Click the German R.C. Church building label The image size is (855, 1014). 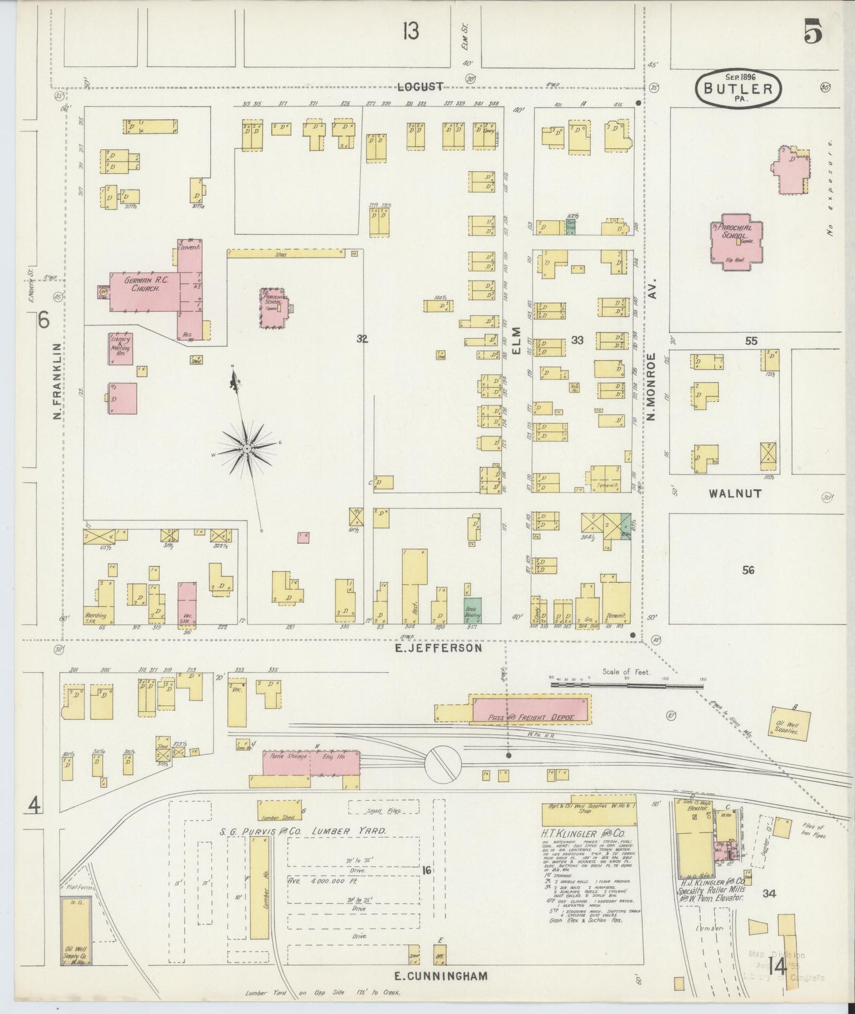click(x=142, y=285)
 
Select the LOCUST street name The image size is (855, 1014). click(x=420, y=86)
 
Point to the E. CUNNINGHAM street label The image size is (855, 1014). click(x=441, y=976)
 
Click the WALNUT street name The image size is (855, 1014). click(x=737, y=493)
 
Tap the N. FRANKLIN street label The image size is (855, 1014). click(x=57, y=382)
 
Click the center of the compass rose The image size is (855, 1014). click(x=246, y=450)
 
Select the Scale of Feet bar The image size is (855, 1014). click(x=627, y=684)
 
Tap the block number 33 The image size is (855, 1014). click(x=577, y=340)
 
